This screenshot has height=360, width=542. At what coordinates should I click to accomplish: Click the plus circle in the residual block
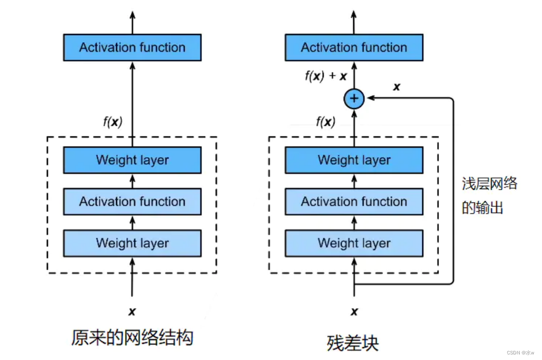point(354,98)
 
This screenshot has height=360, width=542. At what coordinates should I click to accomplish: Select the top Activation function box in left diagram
point(132,48)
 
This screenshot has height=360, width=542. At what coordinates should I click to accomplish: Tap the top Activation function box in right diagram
point(354,48)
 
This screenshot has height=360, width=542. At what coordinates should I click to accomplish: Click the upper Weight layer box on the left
point(132,160)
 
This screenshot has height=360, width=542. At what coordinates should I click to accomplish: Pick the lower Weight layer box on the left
point(132,243)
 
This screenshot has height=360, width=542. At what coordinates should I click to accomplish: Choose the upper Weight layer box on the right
point(354,160)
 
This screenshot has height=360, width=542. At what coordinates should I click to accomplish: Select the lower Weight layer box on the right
point(354,243)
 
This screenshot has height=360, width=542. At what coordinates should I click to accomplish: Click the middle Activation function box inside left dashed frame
point(132,201)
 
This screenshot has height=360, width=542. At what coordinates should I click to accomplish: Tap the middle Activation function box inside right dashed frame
point(354,201)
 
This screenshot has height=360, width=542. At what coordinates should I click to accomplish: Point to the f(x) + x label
point(325,77)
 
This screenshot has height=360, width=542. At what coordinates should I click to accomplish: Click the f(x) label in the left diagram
point(113,122)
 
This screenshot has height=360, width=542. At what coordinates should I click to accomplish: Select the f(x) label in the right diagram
point(325,122)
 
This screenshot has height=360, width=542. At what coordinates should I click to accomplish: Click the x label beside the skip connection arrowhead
point(396,87)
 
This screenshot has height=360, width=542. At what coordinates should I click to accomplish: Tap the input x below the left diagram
point(132,311)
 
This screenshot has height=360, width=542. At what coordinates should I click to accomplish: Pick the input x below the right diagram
point(354,311)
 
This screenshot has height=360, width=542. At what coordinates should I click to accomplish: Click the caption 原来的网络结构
point(132,338)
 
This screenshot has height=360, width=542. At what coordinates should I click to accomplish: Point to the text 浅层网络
point(489,184)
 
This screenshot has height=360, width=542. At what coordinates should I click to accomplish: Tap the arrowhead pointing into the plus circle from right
point(369,98)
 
